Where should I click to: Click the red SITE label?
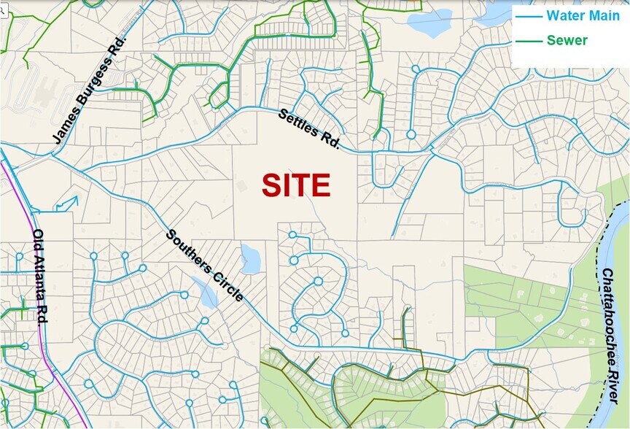tap(296, 185)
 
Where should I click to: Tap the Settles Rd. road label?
tap(309, 128)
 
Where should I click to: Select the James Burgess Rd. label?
tap(90, 88)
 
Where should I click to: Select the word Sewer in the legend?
tap(567, 40)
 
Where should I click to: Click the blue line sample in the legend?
tap(529, 15)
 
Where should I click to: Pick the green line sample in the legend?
tap(529, 40)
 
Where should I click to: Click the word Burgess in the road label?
tap(92, 85)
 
